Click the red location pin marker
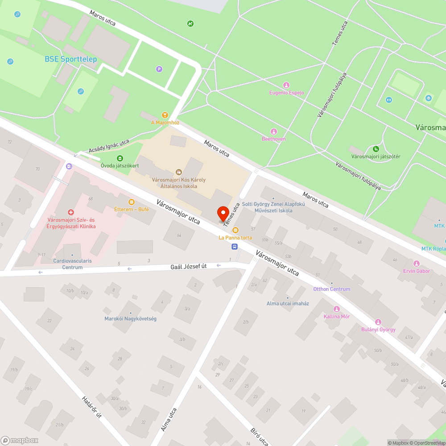point(223,212)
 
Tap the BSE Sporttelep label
point(70,59)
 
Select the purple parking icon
point(159,69)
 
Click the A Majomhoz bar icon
point(165,115)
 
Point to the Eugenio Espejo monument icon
point(286,85)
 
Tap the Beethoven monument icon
point(274,132)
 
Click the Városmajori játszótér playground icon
point(376,149)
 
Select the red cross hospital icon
point(70,213)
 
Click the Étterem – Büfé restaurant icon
point(131,202)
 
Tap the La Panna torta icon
point(235,230)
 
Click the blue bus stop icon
point(234,246)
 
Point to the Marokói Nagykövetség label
point(130,318)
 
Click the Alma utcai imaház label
point(288,303)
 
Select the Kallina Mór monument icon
point(336,309)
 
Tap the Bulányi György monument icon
point(378,322)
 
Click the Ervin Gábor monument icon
point(417,264)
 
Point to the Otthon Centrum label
point(331,289)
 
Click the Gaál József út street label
point(189,267)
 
